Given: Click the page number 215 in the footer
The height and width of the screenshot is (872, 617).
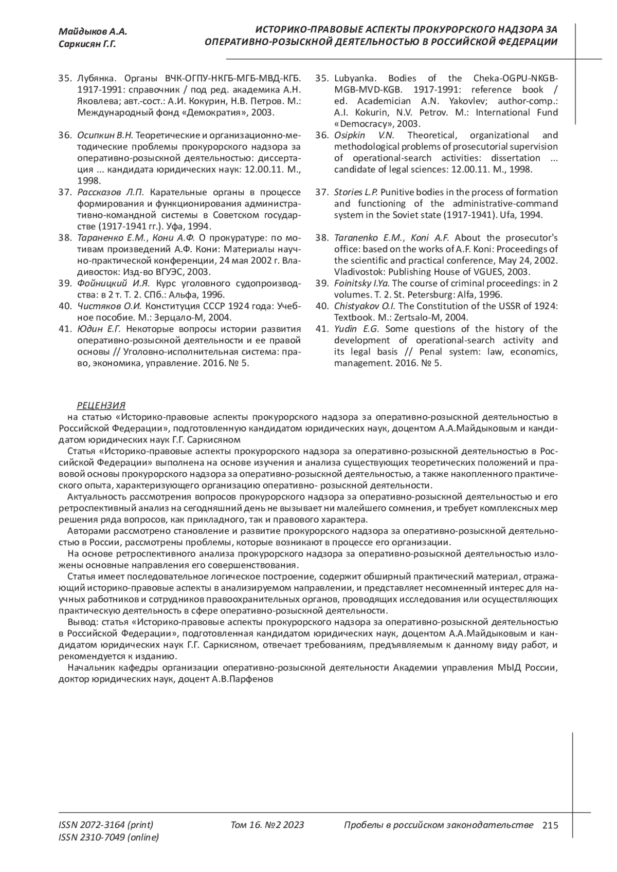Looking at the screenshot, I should click(x=550, y=825).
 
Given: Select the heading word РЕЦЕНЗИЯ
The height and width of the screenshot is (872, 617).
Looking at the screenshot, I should click(x=101, y=405).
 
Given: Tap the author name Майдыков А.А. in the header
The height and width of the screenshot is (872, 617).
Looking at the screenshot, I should click(x=93, y=32).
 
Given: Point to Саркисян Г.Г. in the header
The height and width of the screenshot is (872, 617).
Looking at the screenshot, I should click(x=87, y=45).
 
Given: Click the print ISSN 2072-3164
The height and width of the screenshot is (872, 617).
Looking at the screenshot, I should click(x=106, y=825).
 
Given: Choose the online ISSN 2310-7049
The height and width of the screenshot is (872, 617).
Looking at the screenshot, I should click(x=109, y=838).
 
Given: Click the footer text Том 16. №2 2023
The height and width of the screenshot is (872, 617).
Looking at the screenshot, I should click(x=267, y=825).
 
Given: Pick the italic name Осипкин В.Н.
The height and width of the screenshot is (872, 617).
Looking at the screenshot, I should click(x=105, y=135).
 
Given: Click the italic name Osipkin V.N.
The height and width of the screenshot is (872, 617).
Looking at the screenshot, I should click(x=364, y=135).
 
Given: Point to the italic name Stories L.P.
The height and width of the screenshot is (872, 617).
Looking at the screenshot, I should click(x=356, y=192).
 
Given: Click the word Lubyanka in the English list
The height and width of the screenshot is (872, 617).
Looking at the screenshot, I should click(x=356, y=79).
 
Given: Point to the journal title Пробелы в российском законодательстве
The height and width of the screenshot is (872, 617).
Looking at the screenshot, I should click(x=439, y=825).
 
